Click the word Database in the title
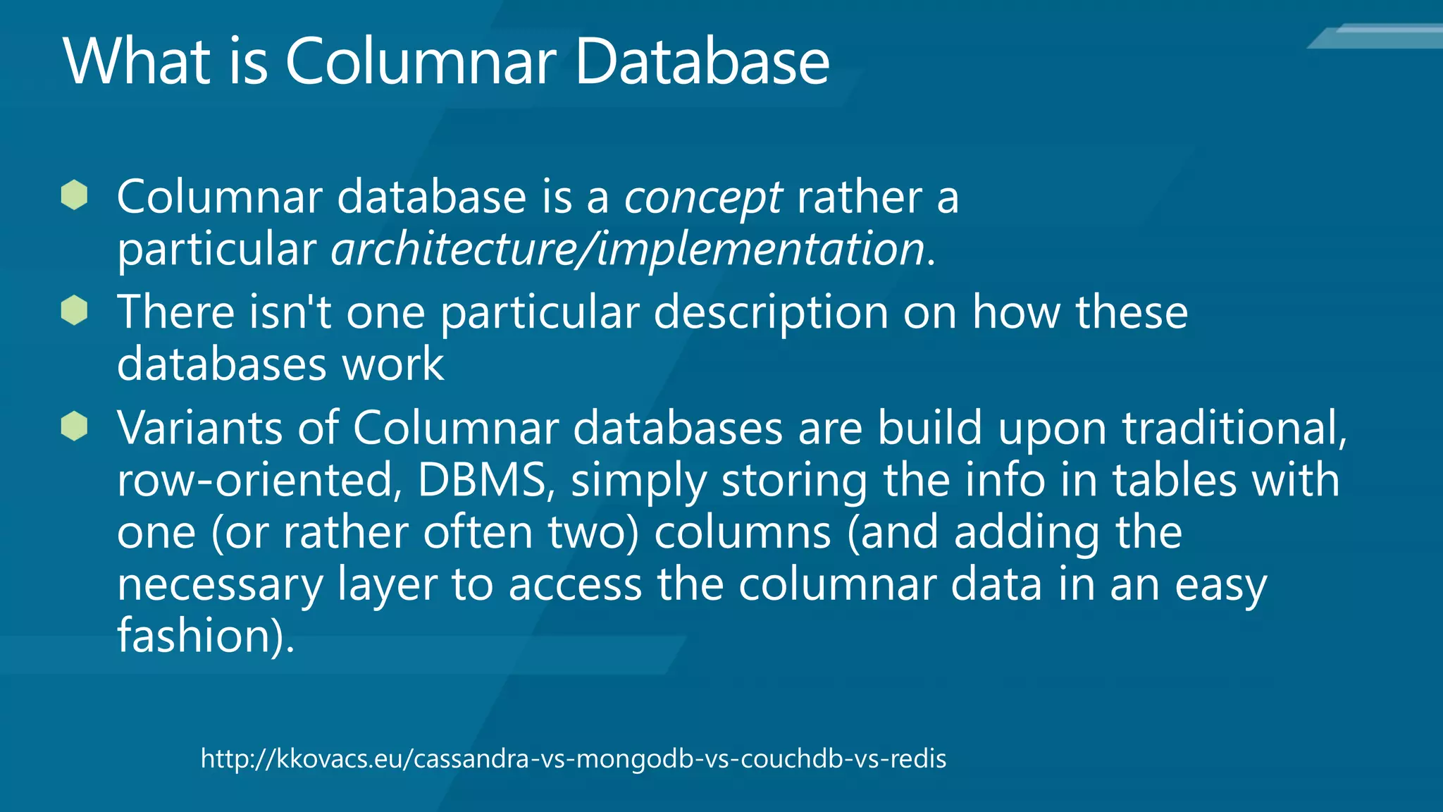pos(702,61)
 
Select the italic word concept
pos(702,197)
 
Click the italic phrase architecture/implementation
pos(628,249)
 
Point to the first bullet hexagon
pos(74,195)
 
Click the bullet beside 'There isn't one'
pos(74,311)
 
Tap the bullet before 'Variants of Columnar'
pos(74,426)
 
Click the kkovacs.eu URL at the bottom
pos(573,759)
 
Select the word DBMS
pos(482,480)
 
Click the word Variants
pos(199,428)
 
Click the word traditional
pos(1233,428)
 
